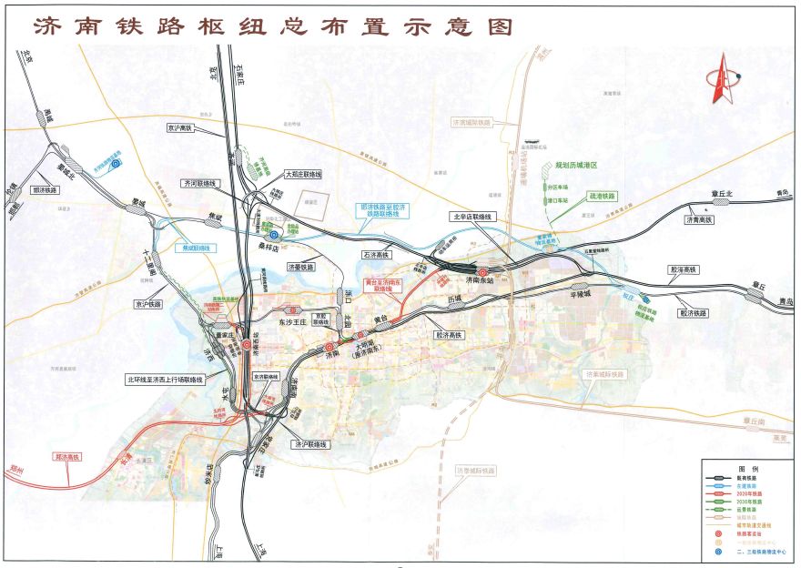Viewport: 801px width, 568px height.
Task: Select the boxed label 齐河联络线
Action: [x=200, y=183]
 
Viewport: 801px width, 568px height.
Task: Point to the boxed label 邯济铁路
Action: [x=44, y=190]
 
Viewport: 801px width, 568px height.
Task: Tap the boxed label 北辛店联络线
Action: [x=471, y=217]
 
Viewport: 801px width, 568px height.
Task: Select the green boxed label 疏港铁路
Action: [x=603, y=196]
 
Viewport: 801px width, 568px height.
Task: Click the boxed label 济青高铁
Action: [x=699, y=219]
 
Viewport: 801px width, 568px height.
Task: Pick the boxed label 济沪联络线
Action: [x=309, y=444]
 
